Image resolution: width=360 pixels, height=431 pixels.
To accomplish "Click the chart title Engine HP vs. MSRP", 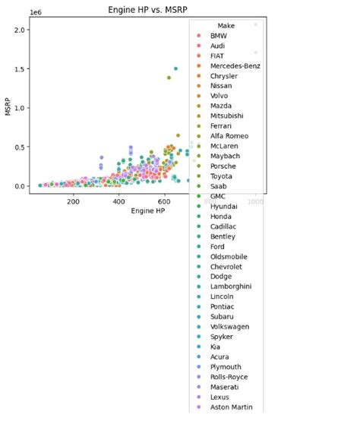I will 149,9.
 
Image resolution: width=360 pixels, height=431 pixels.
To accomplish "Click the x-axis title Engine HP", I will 149,210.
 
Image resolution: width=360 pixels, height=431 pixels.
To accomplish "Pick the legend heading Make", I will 226,26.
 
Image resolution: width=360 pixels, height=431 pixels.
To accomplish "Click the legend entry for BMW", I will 218,36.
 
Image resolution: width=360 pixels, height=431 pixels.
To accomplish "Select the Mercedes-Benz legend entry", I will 235,66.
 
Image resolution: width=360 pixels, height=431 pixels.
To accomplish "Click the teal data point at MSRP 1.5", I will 175,68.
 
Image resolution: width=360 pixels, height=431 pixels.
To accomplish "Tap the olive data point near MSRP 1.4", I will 169,78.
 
